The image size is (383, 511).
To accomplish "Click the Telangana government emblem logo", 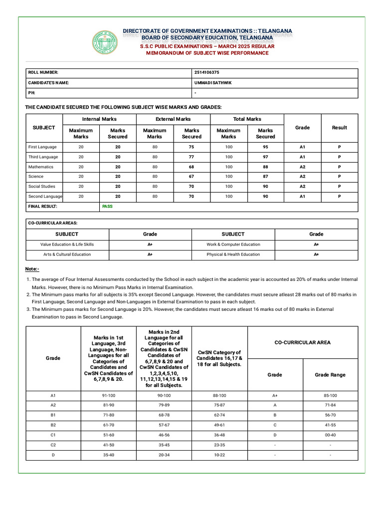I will tap(106, 42).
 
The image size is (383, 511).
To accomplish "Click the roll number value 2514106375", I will tap(206, 73).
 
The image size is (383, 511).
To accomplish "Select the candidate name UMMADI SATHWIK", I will tap(213, 83).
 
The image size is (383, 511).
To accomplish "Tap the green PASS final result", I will tap(107, 206).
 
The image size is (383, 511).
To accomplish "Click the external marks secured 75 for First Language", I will tap(191, 147).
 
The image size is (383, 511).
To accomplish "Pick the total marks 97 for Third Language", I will tap(265, 157).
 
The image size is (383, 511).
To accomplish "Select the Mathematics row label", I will tap(41, 167).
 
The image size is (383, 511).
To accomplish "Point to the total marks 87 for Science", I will tap(265, 177).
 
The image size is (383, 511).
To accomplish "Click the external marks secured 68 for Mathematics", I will tap(191, 167).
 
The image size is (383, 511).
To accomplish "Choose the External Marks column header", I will tap(173, 119).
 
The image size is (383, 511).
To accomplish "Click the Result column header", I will tap(339, 128).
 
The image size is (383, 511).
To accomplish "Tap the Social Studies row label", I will tap(42, 187).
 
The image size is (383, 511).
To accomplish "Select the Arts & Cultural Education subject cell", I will tap(67, 255).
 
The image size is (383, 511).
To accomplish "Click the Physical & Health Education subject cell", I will tap(233, 255).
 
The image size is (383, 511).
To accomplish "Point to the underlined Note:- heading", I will tap(32, 269).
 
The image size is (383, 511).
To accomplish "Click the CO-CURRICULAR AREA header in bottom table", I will tap(302, 342).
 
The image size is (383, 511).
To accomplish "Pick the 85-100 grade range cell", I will tap(330, 396).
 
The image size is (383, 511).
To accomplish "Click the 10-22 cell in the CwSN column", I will tap(219, 455).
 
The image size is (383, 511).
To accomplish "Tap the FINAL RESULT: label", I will tap(43, 206).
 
